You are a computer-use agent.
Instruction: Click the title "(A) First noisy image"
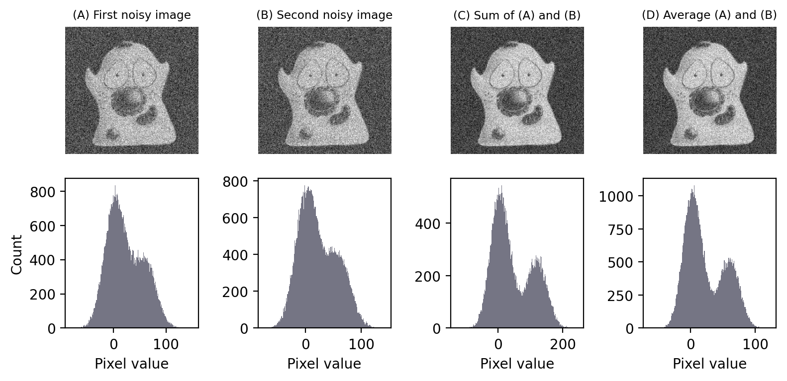[132, 15]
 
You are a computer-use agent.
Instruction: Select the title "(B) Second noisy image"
[324, 15]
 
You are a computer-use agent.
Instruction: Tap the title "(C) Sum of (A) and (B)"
[517, 15]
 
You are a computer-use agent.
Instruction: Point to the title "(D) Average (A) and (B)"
[709, 15]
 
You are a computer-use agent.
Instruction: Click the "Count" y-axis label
[17, 254]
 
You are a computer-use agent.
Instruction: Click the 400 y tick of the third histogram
[425, 224]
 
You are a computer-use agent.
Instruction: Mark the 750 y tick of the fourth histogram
[618, 229]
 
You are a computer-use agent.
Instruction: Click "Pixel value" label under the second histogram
[324, 364]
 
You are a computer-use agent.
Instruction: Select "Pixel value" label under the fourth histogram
[709, 364]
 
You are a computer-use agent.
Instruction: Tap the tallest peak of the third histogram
[500, 188]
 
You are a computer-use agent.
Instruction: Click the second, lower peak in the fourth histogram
[730, 260]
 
